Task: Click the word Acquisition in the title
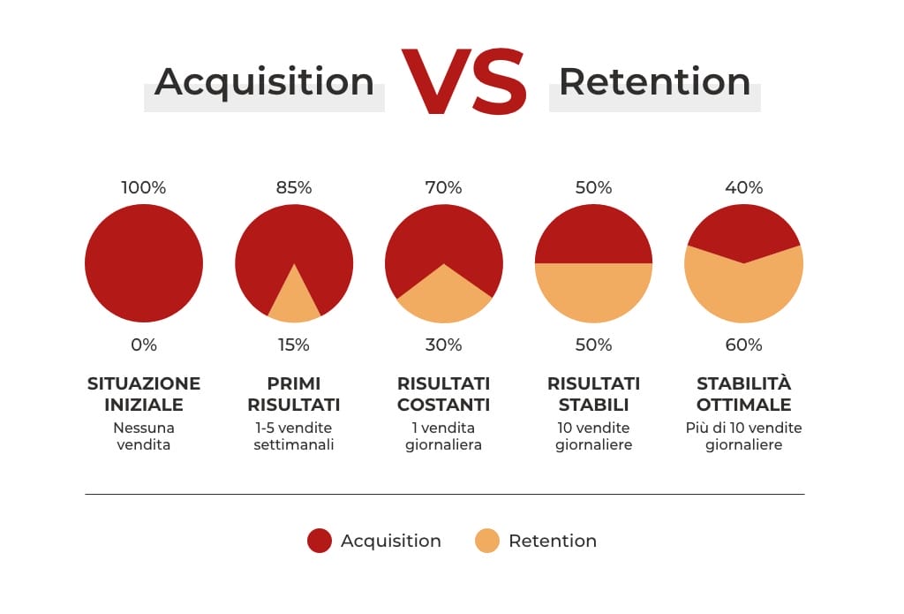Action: (x=264, y=82)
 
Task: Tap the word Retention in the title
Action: (x=654, y=82)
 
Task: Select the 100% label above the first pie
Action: (x=144, y=188)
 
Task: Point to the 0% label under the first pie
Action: (x=144, y=345)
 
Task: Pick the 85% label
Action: (x=294, y=188)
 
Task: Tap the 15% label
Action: (x=294, y=345)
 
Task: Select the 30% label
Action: (x=444, y=345)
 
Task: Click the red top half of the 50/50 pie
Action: (x=594, y=234)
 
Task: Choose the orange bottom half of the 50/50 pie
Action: (x=594, y=292)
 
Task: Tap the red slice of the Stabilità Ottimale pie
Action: (x=743, y=230)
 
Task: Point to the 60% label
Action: (x=744, y=345)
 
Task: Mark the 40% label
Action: (x=744, y=188)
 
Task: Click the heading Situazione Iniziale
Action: (x=144, y=395)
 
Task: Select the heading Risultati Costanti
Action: (x=444, y=395)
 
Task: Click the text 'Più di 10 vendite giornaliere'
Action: (x=744, y=436)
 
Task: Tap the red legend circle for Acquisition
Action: (x=320, y=541)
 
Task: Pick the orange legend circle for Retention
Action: (x=487, y=541)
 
